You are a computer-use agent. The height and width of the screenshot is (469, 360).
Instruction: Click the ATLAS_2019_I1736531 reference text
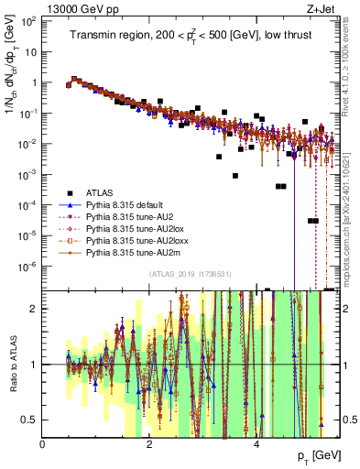tap(190, 275)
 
